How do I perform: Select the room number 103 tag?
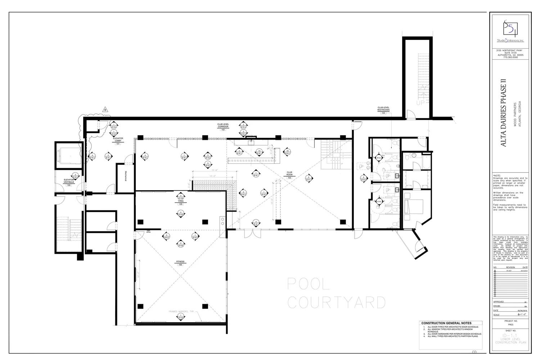pyautogui.click(x=289, y=178)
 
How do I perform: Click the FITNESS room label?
pyautogui.click(x=180, y=262)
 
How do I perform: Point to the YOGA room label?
pyautogui.click(x=180, y=201)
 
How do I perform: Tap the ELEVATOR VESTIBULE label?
pyautogui.click(x=69, y=181)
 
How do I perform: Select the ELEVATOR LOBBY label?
pyautogui.click(x=118, y=139)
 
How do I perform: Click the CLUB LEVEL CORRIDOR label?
pyautogui.click(x=223, y=125)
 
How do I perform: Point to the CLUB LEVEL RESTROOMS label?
pyautogui.click(x=383, y=108)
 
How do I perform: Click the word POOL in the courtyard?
pyautogui.click(x=308, y=284)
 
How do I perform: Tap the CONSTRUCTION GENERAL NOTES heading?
pyautogui.click(x=446, y=323)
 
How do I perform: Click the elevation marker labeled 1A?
pyautogui.click(x=259, y=152)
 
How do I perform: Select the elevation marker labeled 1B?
pyautogui.click(x=287, y=152)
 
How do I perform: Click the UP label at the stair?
pyautogui.click(x=420, y=103)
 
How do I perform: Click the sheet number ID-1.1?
pyautogui.click(x=510, y=335)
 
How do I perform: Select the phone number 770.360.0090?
pyautogui.click(x=510, y=57)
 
